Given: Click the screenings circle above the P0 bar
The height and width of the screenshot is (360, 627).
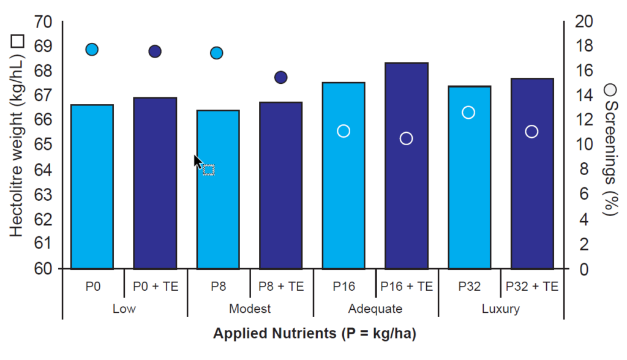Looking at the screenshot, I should pos(92,50).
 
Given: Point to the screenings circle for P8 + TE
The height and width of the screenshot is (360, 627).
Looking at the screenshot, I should pos(281,77).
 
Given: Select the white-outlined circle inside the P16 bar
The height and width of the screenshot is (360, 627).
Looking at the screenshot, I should pos(344,131).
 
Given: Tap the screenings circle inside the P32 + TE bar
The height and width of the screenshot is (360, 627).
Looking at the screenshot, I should pos(531,132).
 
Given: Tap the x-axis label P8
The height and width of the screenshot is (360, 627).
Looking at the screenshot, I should pos(219,286).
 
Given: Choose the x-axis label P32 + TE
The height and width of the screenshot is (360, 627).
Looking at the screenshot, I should pos(531,286).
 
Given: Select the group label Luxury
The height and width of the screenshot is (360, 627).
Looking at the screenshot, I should pos(500,309).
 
